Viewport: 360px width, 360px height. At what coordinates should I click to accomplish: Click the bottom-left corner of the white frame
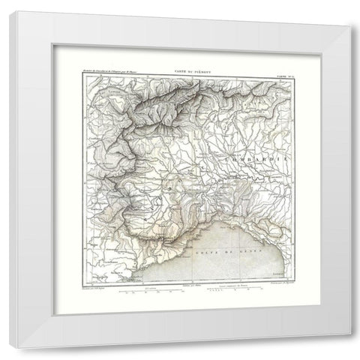pyautogui.click(x=10, y=348)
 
